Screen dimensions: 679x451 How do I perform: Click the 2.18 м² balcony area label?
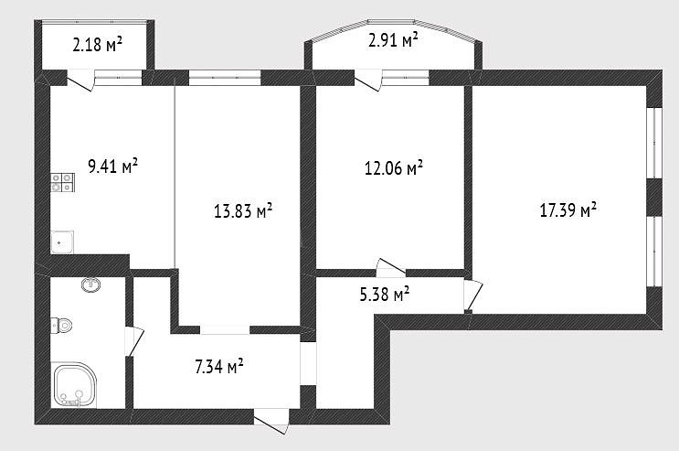98,44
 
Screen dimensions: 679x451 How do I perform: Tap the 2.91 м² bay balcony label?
393,39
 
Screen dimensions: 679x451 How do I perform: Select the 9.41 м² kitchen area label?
113,166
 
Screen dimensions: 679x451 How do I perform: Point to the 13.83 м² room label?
243,210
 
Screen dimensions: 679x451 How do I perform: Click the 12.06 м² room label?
394,168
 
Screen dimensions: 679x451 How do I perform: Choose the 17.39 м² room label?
568,209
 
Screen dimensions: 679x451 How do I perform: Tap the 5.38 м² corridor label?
385,295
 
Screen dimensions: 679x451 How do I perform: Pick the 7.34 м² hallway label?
219,367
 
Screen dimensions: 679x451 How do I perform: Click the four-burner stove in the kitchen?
63,183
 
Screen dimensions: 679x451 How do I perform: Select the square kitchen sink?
62,242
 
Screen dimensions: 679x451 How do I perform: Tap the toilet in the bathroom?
61,326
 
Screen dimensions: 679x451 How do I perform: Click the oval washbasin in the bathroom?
91,285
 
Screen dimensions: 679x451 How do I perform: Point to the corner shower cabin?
74,385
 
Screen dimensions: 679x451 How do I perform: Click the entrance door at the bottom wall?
271,420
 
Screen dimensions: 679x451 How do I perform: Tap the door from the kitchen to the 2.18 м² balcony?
80,80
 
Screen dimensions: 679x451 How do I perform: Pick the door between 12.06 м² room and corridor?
391,267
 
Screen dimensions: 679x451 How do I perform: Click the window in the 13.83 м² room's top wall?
225,78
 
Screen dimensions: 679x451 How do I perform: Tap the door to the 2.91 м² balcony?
368,80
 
